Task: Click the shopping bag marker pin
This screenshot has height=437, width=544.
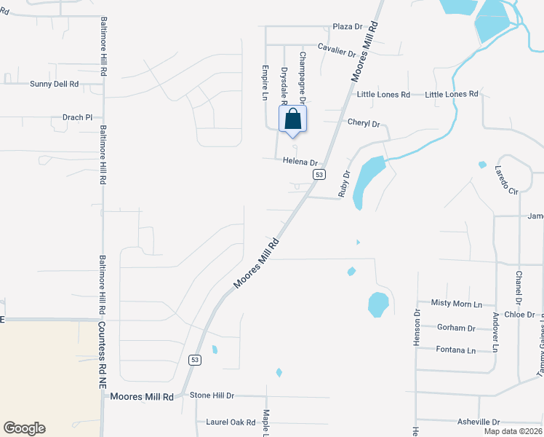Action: click(292, 120)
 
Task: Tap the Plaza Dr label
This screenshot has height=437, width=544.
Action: click(347, 27)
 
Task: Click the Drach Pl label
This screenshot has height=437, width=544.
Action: click(78, 117)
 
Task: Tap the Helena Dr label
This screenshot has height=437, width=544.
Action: click(300, 162)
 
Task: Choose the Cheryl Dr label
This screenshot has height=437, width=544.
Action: click(364, 124)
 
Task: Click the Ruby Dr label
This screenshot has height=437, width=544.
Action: click(345, 184)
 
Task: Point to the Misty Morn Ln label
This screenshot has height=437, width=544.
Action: click(457, 303)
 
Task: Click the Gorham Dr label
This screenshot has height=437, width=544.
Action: click(456, 328)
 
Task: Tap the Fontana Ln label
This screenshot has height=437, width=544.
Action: click(455, 350)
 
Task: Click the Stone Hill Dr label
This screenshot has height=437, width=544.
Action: click(212, 395)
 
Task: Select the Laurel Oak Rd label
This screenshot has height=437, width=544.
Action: click(231, 422)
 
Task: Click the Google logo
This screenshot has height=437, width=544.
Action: click(24, 428)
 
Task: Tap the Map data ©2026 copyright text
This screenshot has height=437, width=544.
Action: click(513, 431)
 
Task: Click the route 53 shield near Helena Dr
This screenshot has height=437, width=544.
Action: click(319, 175)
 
